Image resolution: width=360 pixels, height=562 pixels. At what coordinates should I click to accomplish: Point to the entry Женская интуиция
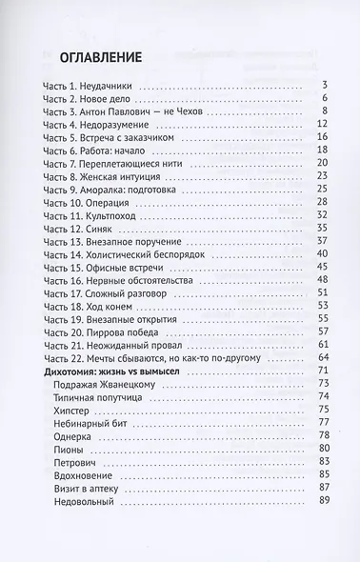point(130,177)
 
